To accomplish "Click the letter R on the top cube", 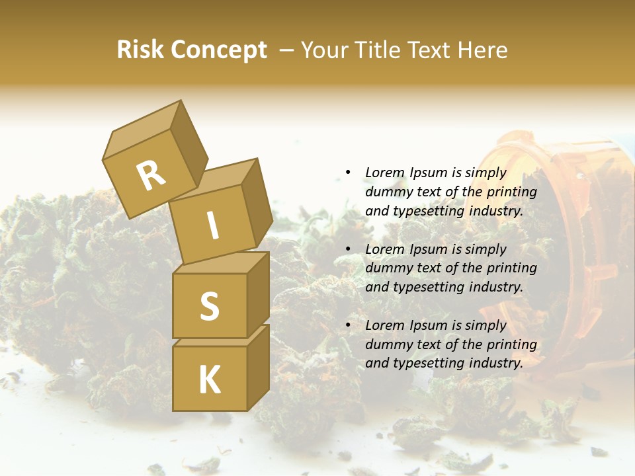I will click(x=151, y=176).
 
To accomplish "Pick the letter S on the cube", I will click(x=209, y=306).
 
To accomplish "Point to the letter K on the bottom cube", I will click(x=209, y=380).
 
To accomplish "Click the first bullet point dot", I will click(x=348, y=173).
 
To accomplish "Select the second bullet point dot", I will click(x=348, y=249).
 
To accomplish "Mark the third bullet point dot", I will click(x=348, y=325).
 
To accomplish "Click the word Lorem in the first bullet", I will click(x=384, y=173).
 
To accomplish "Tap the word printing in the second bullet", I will click(x=512, y=268).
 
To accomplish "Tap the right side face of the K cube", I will click(x=258, y=367).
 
